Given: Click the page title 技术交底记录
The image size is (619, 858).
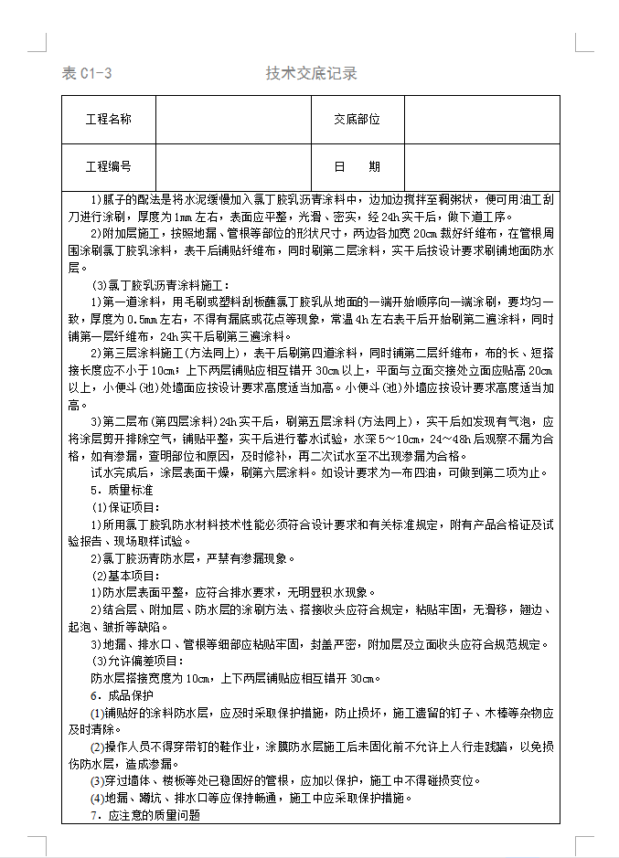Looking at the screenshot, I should point(311,73).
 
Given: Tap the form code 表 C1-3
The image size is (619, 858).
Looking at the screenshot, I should point(87,74).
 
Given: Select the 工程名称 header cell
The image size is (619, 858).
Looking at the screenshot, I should point(109,120).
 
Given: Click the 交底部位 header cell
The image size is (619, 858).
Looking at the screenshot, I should point(357,120).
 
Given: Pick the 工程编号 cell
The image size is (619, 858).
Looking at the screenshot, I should point(109,166).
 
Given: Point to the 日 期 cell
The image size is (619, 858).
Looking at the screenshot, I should point(357,166).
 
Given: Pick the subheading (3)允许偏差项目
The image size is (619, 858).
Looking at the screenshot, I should point(137,661).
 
